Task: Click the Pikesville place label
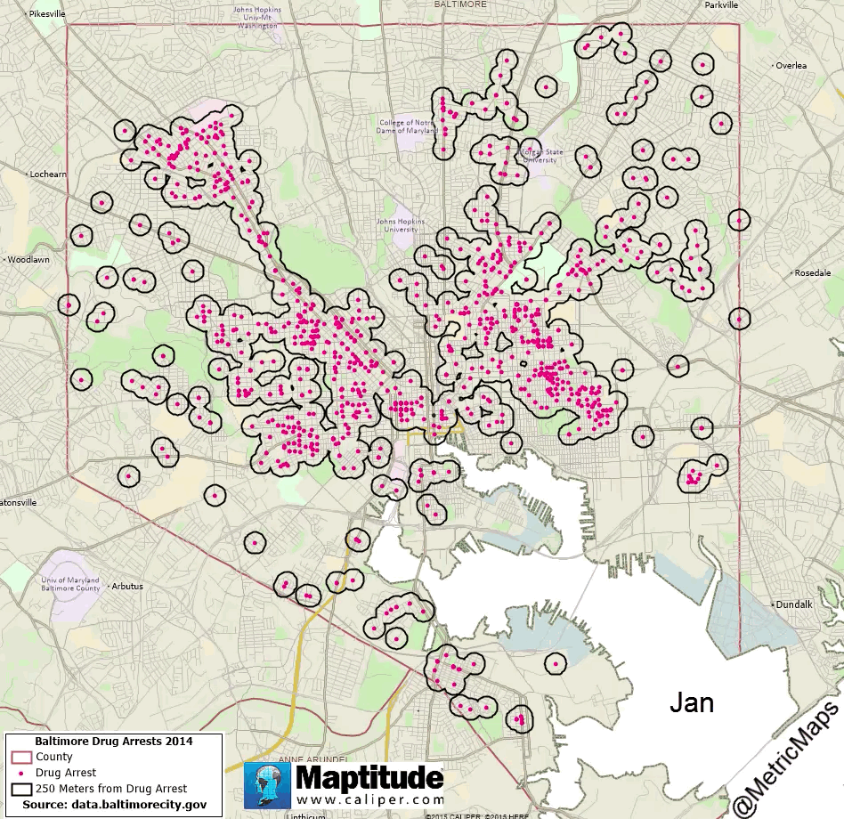(47, 15)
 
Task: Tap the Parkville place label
(721, 4)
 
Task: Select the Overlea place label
(791, 65)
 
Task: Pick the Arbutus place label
(127, 587)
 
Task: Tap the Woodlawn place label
(28, 260)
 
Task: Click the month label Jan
(692, 702)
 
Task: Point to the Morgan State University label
(540, 155)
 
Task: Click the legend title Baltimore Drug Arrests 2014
(113, 741)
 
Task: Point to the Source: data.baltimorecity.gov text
(114, 804)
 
